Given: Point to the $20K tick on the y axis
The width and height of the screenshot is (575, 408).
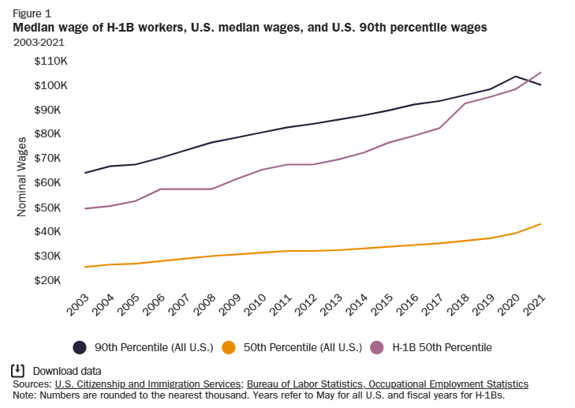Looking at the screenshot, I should coord(51,280).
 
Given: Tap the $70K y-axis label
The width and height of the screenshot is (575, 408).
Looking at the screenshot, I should coord(51,158).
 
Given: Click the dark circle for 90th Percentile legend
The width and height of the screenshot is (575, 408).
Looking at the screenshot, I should coord(80,347).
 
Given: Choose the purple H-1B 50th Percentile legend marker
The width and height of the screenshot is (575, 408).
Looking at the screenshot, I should coord(377,347).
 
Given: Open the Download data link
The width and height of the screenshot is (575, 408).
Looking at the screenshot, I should coord(67,371).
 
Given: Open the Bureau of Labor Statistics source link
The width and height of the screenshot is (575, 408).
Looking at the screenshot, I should coord(386,384).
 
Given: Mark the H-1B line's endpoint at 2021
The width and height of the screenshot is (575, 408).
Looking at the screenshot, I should coord(540,73).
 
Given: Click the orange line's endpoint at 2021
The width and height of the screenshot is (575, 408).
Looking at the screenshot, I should coord(540,224).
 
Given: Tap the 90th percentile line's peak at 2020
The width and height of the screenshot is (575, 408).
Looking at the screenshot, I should coord(515,77).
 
